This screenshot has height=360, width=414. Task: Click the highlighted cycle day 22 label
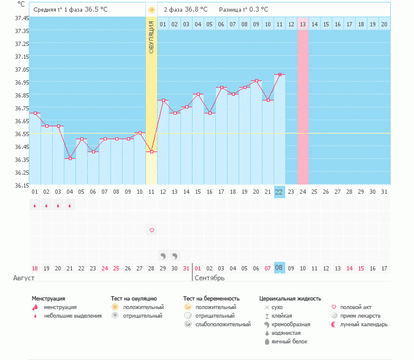[279, 192]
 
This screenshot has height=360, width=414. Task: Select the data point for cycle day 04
[70, 159]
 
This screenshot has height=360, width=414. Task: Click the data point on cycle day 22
[279, 75]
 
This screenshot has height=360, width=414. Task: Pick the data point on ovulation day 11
[151, 151]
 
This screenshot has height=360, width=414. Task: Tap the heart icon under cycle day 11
[151, 230]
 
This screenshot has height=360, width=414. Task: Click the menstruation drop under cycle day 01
[35, 205]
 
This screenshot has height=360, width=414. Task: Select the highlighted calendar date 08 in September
[279, 268]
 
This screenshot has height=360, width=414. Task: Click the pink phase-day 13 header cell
[303, 24]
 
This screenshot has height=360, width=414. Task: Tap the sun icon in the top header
[151, 10]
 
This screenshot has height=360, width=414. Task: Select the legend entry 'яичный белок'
[289, 341]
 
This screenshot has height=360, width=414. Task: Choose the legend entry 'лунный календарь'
[364, 324]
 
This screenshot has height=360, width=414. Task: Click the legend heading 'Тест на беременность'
[211, 299]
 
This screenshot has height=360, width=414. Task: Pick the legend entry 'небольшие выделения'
[72, 315]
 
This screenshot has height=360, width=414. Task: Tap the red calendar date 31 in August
[186, 268]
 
